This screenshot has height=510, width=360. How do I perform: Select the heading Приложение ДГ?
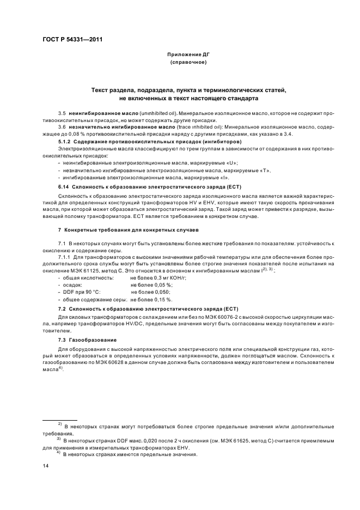click(x=188, y=55)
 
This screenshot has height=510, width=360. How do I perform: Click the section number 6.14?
click(x=64, y=186)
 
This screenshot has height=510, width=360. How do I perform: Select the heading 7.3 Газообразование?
click(x=83, y=339)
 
